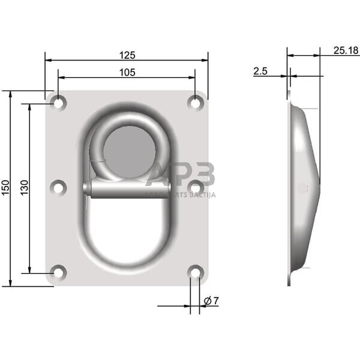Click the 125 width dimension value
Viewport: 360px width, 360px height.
tap(127, 55)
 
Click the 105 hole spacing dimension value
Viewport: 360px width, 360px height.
tap(127, 73)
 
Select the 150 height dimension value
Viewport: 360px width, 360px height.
tap(5, 188)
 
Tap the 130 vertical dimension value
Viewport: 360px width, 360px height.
tap(24, 188)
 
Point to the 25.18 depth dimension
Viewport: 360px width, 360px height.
tap(346, 50)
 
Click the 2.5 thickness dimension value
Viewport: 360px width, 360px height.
tap(260, 71)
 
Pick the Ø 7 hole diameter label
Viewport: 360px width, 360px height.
tap(211, 301)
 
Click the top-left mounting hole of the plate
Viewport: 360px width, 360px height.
tap(58, 103)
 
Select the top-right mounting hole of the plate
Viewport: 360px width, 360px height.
tap(195, 103)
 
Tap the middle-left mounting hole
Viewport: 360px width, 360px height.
tap(58, 188)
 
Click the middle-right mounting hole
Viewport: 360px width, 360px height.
tap(195, 188)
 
